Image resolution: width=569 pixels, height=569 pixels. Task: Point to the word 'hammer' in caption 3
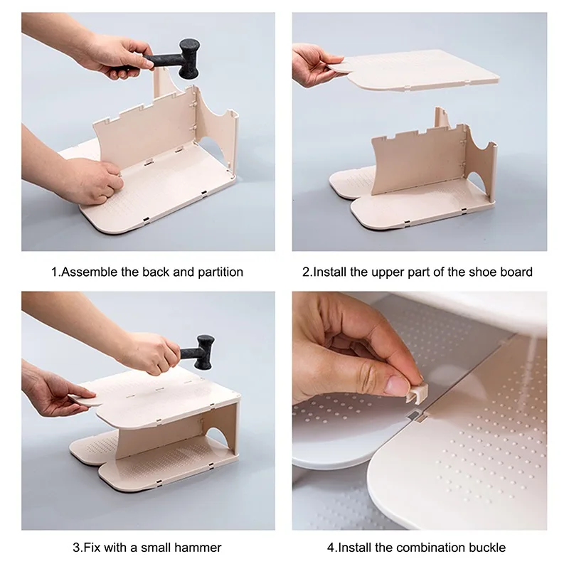pos(200,547)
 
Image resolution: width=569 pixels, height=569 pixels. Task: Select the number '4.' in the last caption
pos(331,547)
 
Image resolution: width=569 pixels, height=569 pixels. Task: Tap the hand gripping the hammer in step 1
pos(117,53)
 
